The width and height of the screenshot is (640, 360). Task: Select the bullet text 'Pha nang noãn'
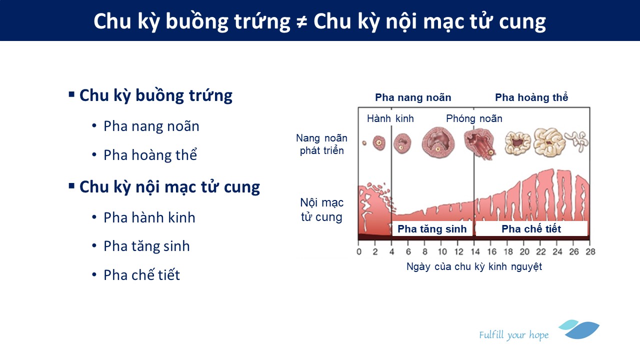point(151,126)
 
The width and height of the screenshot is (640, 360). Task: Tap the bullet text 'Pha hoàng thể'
point(150,155)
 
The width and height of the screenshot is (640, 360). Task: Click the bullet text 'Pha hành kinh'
point(149,217)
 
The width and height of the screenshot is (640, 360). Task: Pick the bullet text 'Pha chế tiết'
point(141,275)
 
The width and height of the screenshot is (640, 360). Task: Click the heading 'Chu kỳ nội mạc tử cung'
point(169,187)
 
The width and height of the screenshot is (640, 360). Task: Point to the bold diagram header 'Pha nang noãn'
point(413,97)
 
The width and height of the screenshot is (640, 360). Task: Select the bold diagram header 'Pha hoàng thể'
point(531,97)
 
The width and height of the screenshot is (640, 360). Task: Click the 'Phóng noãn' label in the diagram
point(474,118)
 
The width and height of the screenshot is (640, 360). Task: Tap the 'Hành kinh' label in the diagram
point(390,118)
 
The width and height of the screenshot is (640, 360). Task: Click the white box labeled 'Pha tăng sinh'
point(432,228)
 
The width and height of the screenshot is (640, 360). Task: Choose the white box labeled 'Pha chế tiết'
point(531,228)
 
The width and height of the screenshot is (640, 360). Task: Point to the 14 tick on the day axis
point(475,251)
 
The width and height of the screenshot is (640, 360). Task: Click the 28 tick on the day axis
point(590,251)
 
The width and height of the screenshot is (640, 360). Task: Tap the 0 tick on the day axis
point(359,251)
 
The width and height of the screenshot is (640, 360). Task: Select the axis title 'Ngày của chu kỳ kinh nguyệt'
point(474,266)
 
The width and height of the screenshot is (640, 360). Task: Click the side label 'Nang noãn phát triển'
point(321,144)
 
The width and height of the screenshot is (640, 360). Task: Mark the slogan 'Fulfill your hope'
point(514,335)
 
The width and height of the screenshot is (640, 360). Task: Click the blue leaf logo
point(579,329)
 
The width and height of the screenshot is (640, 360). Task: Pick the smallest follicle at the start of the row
point(364,143)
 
